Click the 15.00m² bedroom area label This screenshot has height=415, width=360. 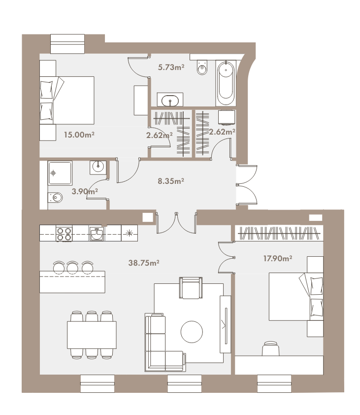pyautogui.click(x=79, y=135)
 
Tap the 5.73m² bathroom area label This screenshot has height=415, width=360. pyautogui.click(x=171, y=67)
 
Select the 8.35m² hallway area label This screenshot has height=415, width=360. pyautogui.click(x=170, y=181)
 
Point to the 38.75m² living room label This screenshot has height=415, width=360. pyautogui.click(x=144, y=263)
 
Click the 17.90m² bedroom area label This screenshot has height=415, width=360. pyautogui.click(x=277, y=258)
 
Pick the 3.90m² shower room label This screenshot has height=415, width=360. pyautogui.click(x=85, y=191)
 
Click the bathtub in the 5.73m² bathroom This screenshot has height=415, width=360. pyautogui.click(x=226, y=83)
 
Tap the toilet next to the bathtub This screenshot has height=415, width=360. pyautogui.click(x=202, y=67)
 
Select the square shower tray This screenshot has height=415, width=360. pyautogui.click(x=60, y=173)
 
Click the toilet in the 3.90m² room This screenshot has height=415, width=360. pyautogui.click(x=55, y=197)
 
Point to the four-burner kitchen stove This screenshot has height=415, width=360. pyautogui.click(x=64, y=233)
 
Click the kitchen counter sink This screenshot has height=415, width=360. pyautogui.click(x=97, y=234)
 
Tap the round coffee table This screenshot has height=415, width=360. pyautogui.click(x=192, y=332)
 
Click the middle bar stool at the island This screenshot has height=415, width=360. pyautogui.click(x=72, y=267)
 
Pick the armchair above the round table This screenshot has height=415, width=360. pyautogui.click(x=191, y=288)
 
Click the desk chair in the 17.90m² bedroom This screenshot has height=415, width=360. pyautogui.click(x=270, y=348)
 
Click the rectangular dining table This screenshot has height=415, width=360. pyautogui.click(x=92, y=335)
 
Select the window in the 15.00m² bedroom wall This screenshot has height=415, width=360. pyautogui.click(x=67, y=44)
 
